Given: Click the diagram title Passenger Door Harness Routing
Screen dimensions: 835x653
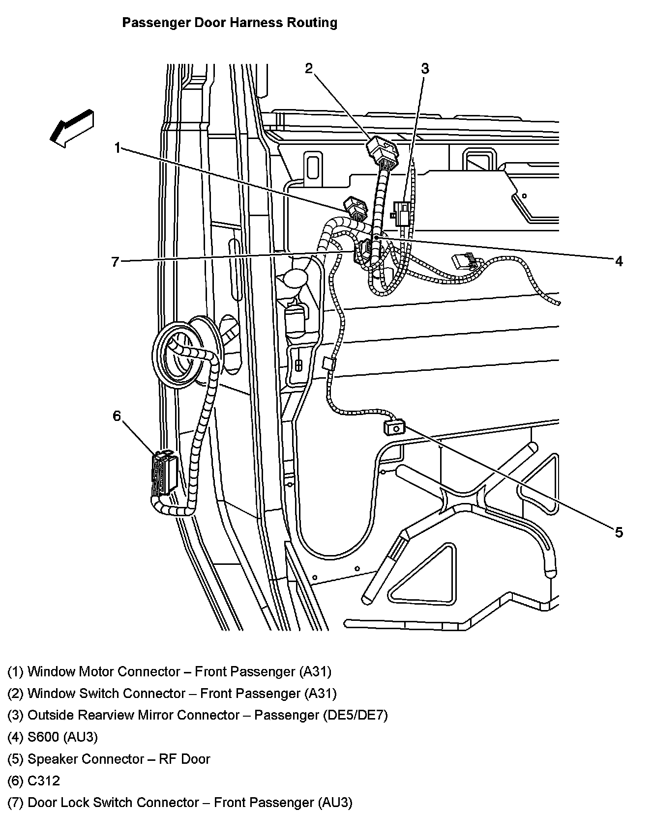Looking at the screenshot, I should pos(230,23).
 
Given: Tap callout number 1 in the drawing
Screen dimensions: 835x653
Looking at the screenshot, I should pos(117,147).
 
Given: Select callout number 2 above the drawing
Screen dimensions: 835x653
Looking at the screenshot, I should pos(309,68).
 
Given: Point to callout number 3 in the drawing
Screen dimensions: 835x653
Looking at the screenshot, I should pos(425,69).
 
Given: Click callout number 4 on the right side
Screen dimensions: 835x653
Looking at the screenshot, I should pos(619,261).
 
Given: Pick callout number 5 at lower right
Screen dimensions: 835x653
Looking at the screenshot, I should pos(618,532).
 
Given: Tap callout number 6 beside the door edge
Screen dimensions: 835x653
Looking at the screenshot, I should pos(117,417).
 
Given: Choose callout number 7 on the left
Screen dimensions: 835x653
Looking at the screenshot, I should pos(115,262).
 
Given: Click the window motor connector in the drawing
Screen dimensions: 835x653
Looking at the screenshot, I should pos(356,208).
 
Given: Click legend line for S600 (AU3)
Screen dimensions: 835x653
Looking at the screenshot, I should pos(53,737).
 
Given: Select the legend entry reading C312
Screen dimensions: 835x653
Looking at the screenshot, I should pos(33,780).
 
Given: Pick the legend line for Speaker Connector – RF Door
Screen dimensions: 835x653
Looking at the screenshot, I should pos(109,759).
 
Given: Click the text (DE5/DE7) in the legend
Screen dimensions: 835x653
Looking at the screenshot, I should pos(355,715).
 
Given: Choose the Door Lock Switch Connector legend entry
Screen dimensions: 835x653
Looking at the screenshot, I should pos(180,803).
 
